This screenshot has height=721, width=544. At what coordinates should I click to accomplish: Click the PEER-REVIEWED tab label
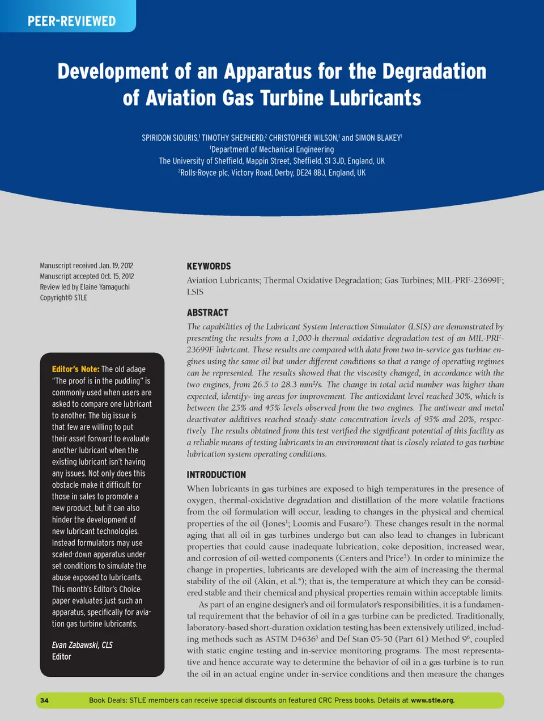[x=71, y=22]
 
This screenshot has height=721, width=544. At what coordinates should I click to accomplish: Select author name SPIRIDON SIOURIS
[x=169, y=138]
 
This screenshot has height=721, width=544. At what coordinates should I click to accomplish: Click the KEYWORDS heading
[x=209, y=266]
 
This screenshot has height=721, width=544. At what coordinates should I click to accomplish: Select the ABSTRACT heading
[x=207, y=313]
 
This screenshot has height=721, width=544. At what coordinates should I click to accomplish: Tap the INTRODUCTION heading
[x=216, y=474]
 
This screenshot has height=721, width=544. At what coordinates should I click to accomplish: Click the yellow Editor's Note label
[x=75, y=369]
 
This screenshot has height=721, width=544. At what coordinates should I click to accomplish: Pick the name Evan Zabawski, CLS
[x=82, y=645]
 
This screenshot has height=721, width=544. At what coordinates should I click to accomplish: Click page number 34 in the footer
[x=44, y=700]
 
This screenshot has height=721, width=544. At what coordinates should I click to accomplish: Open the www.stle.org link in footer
[x=432, y=700]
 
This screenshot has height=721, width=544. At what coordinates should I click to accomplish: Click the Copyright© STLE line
[x=63, y=298]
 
